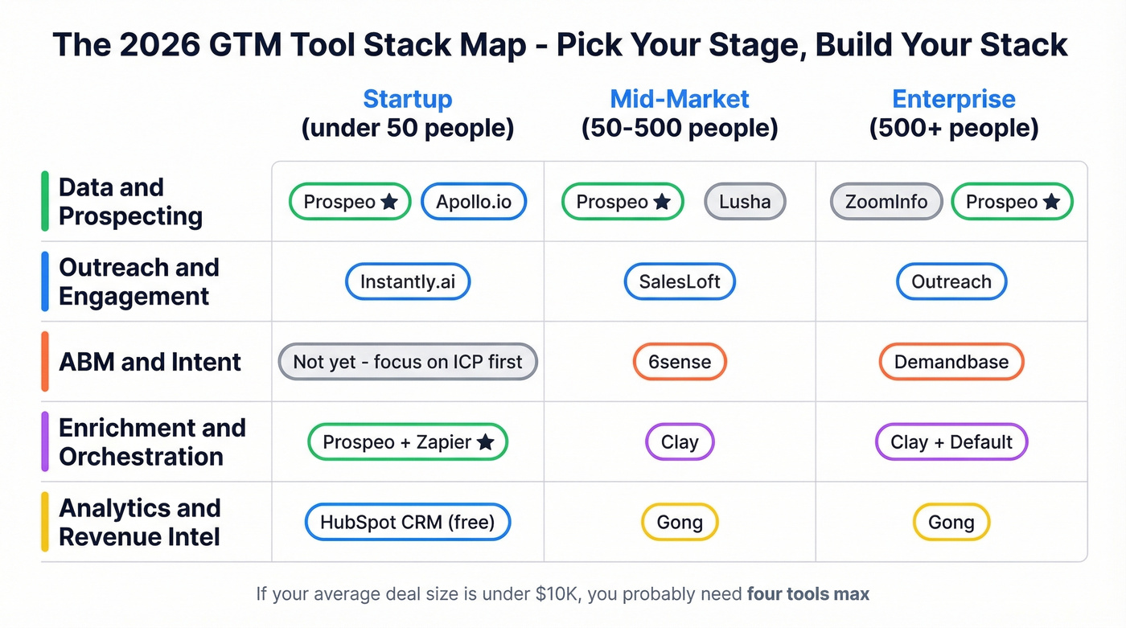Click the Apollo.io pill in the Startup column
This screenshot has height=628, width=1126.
474,202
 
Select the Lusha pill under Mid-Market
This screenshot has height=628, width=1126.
745,202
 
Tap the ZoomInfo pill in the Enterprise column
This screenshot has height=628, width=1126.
886,202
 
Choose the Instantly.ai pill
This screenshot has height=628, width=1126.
407,282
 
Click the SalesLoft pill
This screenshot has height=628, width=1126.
680,282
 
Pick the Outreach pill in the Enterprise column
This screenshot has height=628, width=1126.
951,282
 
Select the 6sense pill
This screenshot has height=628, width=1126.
680,362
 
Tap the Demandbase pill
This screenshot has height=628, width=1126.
951,362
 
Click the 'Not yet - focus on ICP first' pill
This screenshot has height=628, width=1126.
408,362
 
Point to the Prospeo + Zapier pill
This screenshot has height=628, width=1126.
408,442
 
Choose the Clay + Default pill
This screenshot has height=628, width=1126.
951,442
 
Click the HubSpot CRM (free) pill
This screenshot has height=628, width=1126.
408,523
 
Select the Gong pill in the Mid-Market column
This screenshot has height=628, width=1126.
680,523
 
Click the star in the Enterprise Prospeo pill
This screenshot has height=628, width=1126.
1051,203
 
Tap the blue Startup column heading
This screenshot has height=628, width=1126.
408,99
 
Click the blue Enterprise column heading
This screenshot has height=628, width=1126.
954,99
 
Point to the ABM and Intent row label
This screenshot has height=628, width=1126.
150,362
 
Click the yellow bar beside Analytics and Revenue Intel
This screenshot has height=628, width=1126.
45,522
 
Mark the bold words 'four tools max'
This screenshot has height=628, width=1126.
808,595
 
